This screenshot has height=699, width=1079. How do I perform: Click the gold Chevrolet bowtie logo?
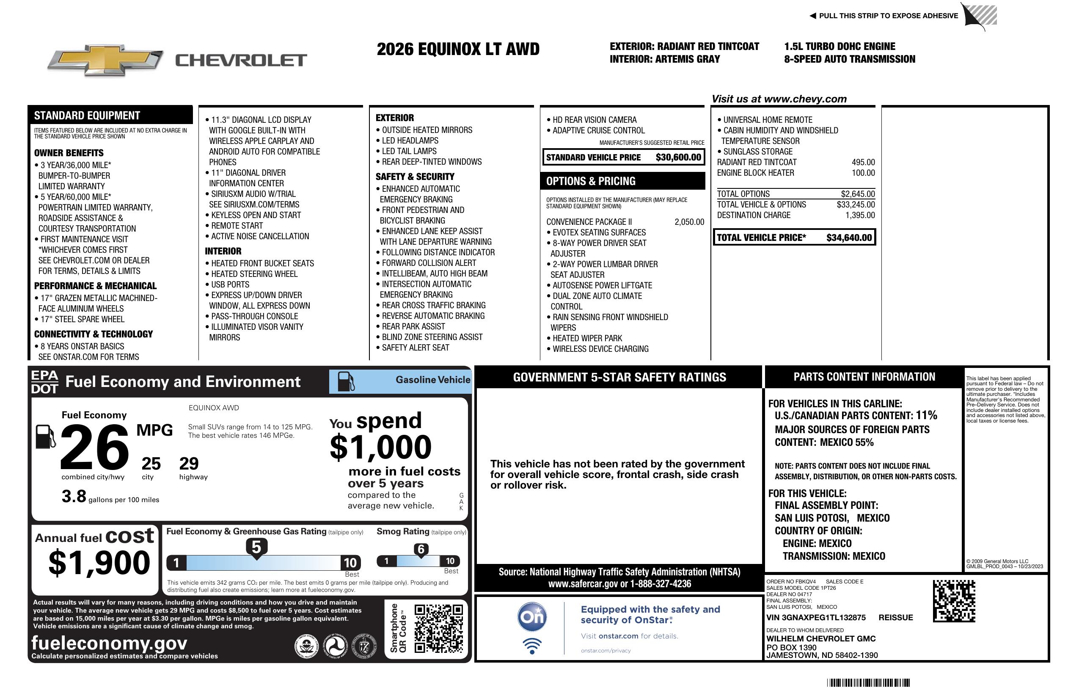tap(105, 60)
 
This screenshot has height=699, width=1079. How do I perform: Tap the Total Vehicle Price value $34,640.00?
tap(849, 238)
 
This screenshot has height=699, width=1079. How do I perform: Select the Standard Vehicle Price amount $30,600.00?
tap(678, 157)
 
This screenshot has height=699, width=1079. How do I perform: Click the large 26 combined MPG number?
tap(94, 447)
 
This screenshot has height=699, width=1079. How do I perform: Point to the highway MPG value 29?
tap(189, 463)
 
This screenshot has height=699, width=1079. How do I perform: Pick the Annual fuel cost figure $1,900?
tap(99, 563)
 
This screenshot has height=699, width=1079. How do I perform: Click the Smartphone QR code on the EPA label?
tap(438, 628)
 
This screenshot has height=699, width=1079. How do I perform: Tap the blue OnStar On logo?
tap(532, 617)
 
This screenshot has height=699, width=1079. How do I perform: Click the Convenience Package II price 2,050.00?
tap(689, 222)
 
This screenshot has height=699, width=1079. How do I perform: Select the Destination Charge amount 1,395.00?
tap(859, 215)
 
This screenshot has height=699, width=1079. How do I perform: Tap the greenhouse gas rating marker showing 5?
tap(256, 547)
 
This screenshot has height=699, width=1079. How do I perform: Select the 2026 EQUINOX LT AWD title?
tap(458, 49)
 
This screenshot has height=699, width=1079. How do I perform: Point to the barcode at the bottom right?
tap(868, 682)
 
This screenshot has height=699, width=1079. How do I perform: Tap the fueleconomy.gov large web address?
tap(109, 643)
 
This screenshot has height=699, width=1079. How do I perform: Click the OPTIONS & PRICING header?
tap(590, 181)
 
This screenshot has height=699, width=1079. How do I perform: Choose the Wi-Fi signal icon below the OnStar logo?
tap(532, 646)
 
